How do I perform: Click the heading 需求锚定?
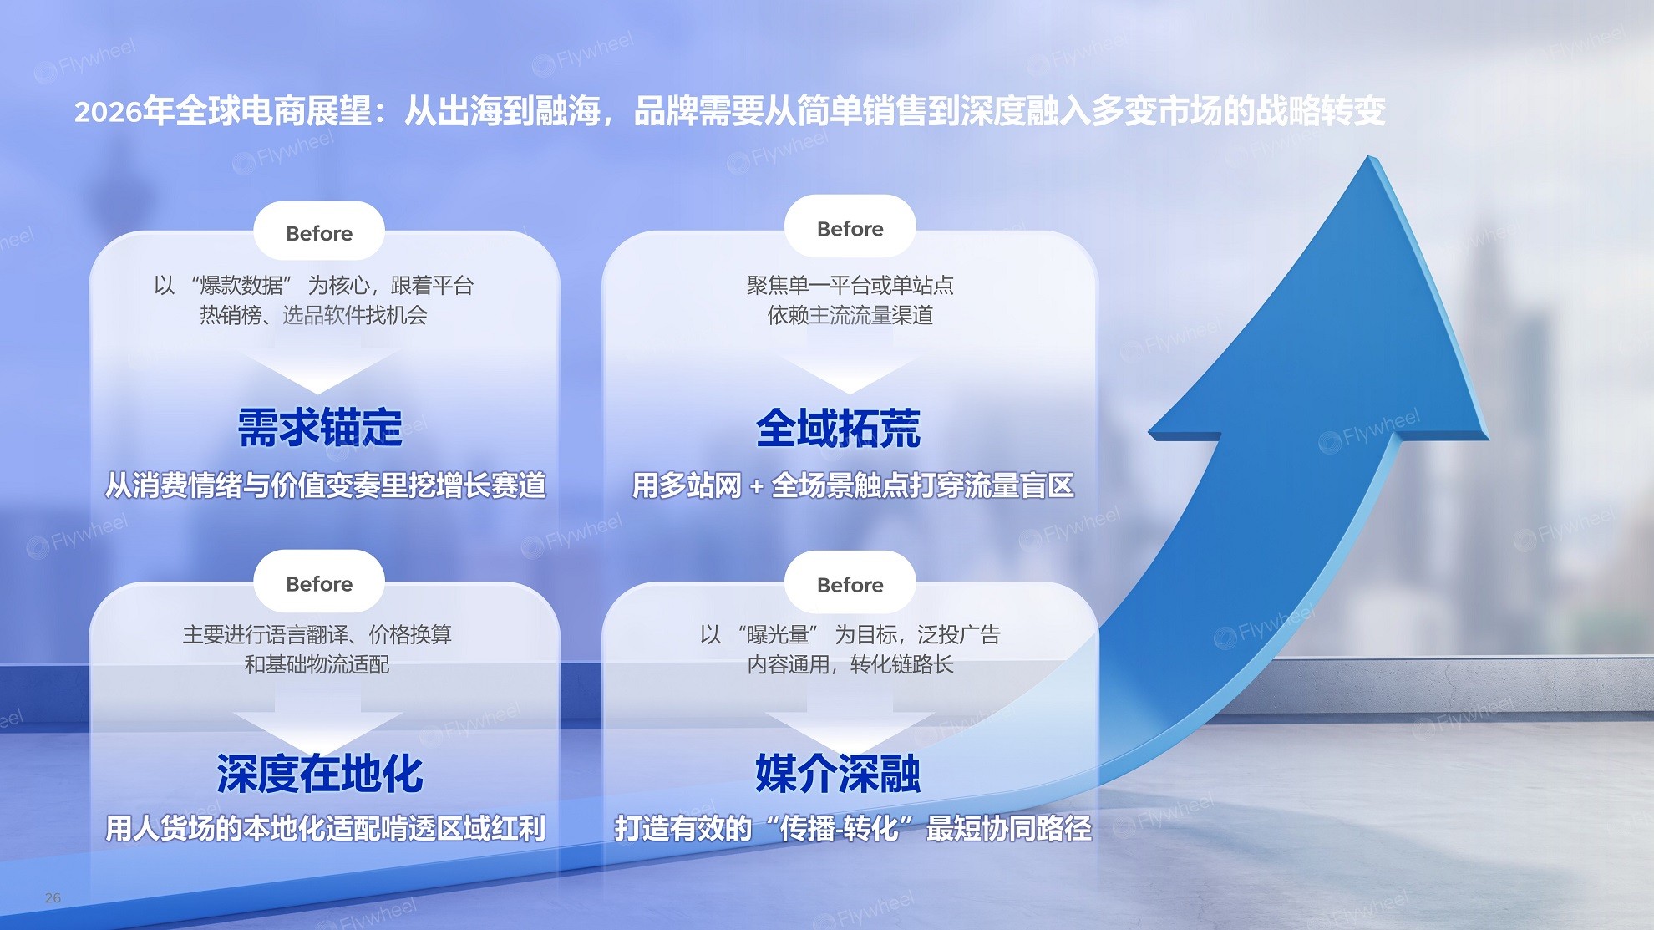tap(320, 428)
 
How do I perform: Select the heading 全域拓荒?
tap(839, 428)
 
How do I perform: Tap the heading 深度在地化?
tap(320, 773)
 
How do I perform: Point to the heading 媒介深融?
tap(839, 773)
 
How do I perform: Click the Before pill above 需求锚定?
tap(319, 232)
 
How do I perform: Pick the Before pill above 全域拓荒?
tap(850, 228)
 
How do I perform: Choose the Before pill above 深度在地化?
tap(319, 582)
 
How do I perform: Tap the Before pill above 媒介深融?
tap(850, 584)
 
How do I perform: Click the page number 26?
tap(53, 897)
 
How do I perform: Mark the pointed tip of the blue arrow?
tap(1369, 157)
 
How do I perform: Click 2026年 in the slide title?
tap(124, 110)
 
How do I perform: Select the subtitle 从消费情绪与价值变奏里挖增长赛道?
tap(326, 485)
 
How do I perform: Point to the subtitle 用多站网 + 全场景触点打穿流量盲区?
tap(853, 485)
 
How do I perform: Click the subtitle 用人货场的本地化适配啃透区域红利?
tap(326, 828)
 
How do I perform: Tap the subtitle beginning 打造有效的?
tap(853, 828)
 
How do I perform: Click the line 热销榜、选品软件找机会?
tap(313, 315)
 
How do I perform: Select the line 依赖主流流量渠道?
tap(850, 315)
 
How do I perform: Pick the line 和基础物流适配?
tap(317, 664)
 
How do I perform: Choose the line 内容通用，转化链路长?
tap(850, 664)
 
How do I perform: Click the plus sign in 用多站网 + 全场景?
tap(756, 486)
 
